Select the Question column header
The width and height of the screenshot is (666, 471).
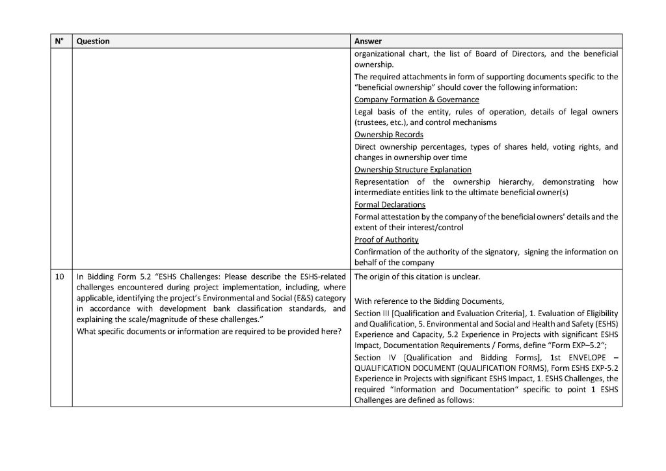pos(93,41)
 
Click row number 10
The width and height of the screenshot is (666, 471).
pos(60,276)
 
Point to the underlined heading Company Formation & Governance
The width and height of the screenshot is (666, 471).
pos(416,100)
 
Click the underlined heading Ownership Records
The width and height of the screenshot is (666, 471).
pos(388,135)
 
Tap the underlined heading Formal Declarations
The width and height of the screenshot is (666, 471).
pos(390,205)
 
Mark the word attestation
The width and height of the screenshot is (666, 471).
pos(402,217)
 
